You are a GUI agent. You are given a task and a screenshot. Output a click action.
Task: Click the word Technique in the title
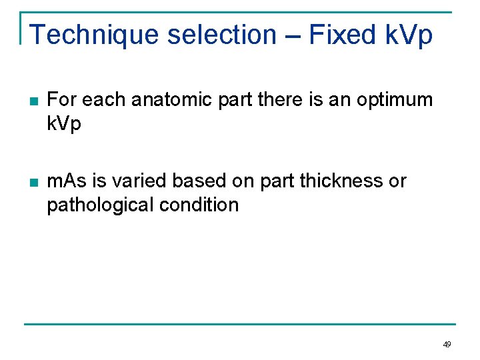pos(93,35)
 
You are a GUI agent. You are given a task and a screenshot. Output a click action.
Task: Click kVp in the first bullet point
pos(64,124)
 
